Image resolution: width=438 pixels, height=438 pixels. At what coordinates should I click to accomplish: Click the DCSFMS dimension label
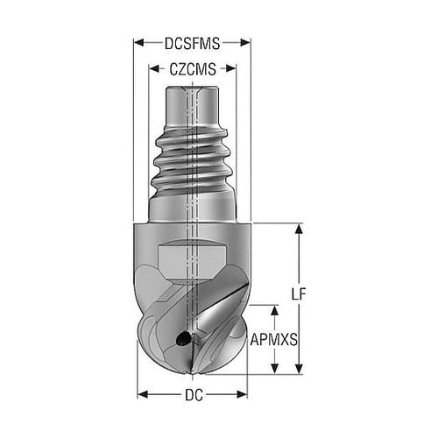tap(192, 44)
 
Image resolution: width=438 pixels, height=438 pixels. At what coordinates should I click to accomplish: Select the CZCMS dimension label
tap(193, 69)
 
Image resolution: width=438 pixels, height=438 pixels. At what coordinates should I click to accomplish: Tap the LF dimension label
tap(298, 294)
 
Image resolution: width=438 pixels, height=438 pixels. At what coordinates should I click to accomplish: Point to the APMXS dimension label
tap(274, 340)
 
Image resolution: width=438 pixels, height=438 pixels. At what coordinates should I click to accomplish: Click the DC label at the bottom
tap(194, 395)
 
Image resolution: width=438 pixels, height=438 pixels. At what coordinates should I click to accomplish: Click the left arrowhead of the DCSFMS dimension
tap(139, 43)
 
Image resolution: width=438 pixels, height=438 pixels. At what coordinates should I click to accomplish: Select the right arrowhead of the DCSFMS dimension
tap(245, 43)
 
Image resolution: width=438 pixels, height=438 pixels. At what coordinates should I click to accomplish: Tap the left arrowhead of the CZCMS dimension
tap(154, 69)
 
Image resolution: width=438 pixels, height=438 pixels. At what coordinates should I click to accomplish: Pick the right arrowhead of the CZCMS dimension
tap(230, 69)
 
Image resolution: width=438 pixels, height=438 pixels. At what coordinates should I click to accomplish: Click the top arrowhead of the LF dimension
tap(299, 229)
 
